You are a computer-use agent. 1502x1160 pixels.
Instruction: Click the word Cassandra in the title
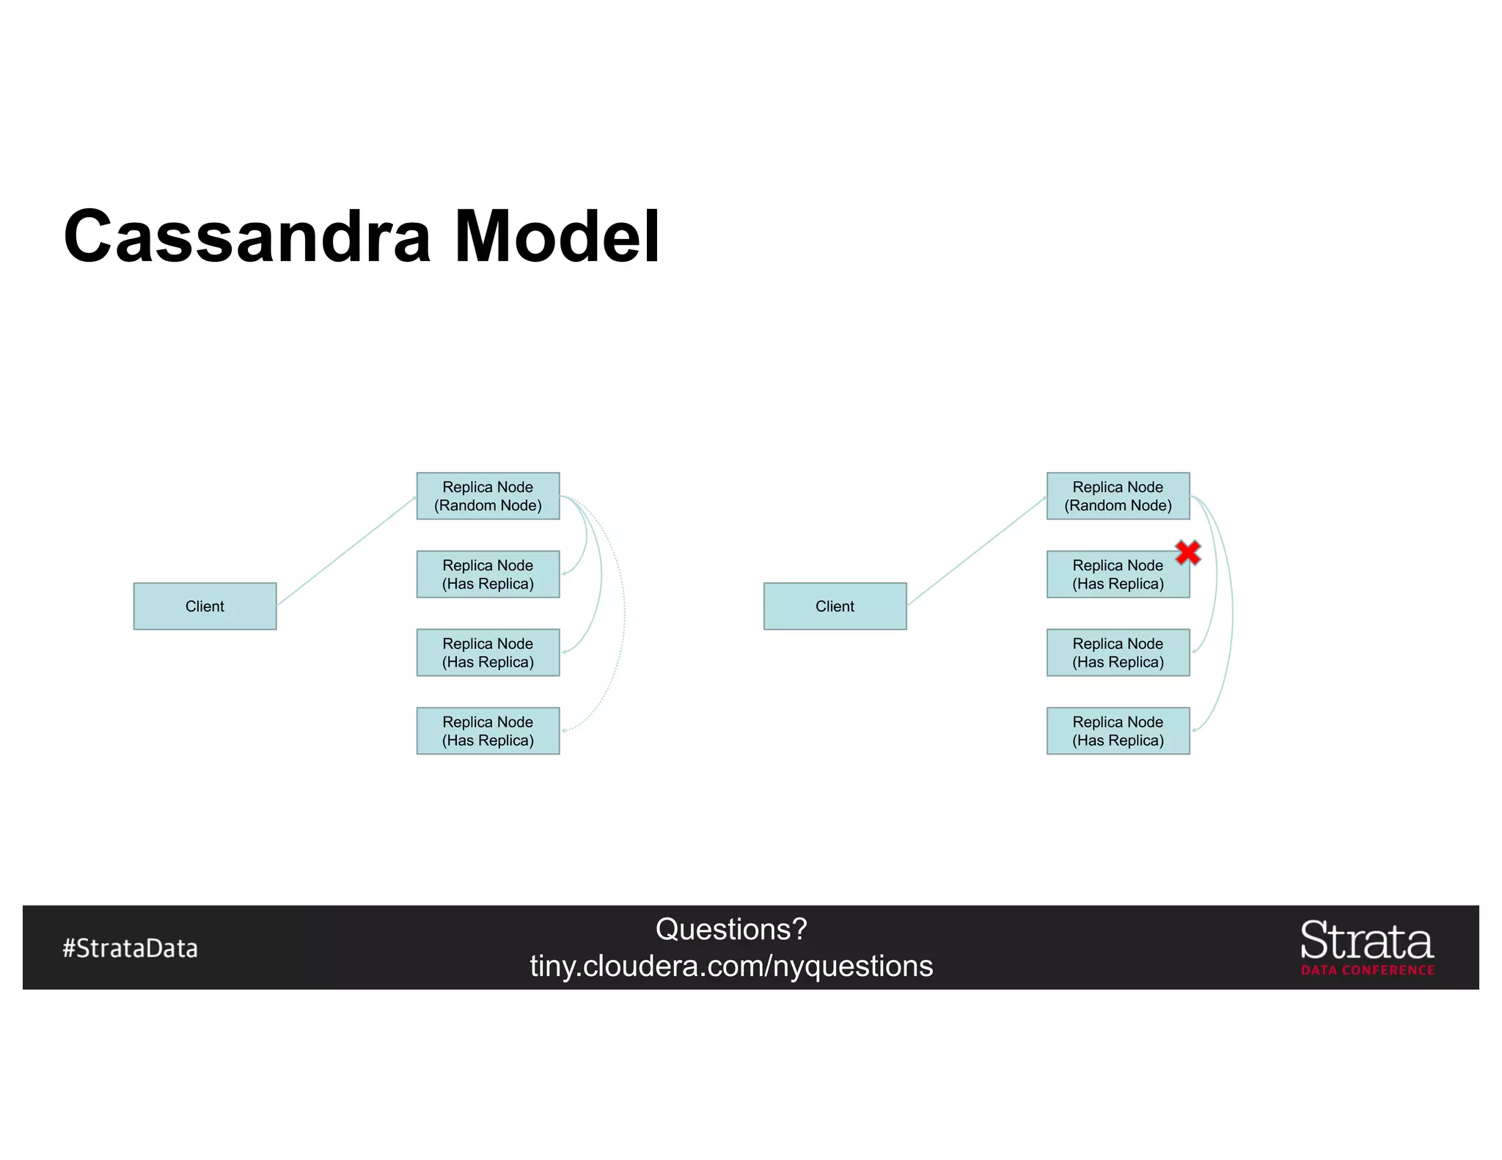click(247, 237)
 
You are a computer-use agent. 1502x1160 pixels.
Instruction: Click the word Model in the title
click(557, 237)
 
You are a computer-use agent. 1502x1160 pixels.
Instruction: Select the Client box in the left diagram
click(205, 606)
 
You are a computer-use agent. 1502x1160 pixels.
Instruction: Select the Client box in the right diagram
click(835, 606)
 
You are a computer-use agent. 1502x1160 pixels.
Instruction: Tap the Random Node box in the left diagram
click(488, 496)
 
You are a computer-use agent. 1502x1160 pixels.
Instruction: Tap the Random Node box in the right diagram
click(1118, 496)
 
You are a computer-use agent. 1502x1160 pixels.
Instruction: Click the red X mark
click(1187, 552)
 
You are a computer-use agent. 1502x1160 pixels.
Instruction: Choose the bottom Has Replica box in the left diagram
click(488, 730)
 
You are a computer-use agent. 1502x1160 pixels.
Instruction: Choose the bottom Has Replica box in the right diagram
click(1118, 730)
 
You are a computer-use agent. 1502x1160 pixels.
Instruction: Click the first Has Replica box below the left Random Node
click(488, 574)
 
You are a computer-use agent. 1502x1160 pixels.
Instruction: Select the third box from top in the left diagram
click(488, 652)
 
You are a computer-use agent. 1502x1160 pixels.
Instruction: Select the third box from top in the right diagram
click(1118, 652)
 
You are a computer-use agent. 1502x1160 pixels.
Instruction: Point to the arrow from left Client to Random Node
click(346, 551)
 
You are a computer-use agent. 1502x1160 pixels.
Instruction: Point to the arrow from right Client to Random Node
click(976, 551)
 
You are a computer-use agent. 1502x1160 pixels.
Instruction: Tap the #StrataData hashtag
click(130, 948)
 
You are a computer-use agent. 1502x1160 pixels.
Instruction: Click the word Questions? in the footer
click(731, 929)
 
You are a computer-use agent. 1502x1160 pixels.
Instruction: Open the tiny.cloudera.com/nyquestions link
click(731, 966)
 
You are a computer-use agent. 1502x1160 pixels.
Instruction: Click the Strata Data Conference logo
click(1367, 947)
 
